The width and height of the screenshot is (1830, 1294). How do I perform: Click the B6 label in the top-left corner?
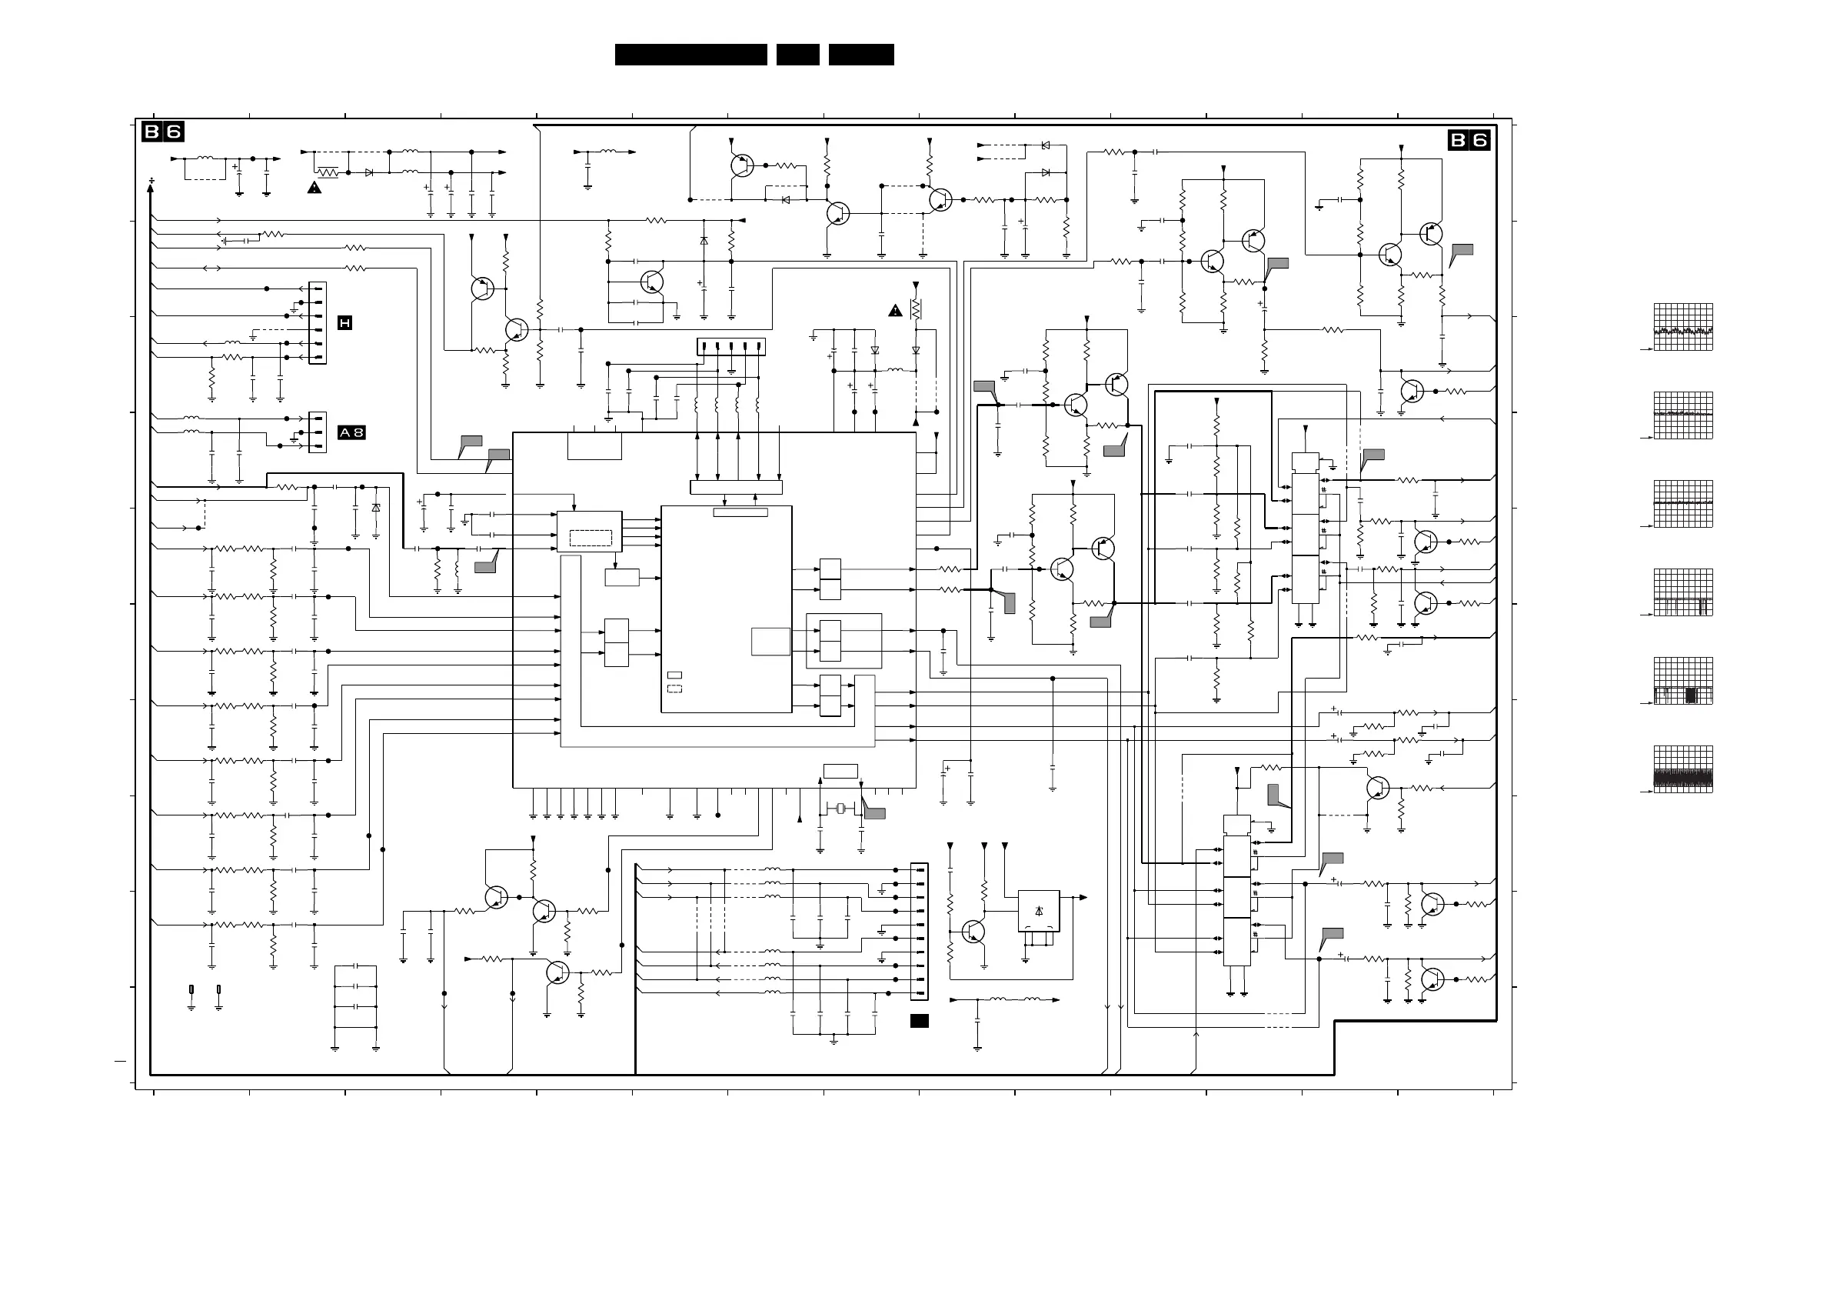tap(162, 132)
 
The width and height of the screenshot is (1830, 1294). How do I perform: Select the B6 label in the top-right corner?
tap(1469, 140)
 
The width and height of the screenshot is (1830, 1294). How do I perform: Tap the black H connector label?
tap(344, 323)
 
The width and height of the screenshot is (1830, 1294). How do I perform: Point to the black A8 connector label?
tap(351, 432)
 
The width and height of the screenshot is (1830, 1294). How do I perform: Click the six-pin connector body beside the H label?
tap(318, 323)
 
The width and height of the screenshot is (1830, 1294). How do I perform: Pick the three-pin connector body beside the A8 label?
tap(318, 432)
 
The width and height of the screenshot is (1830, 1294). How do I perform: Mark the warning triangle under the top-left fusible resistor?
tap(314, 188)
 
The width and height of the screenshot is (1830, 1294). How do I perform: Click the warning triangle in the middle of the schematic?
tap(895, 311)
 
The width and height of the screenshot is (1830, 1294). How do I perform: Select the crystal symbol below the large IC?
tap(841, 809)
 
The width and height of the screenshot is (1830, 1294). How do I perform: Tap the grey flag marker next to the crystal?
tap(874, 813)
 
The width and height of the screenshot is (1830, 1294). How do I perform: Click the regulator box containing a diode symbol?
tap(1039, 911)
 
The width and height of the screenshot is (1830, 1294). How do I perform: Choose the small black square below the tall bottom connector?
tap(919, 1022)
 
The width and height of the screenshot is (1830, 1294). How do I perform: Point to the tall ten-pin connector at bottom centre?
tap(919, 931)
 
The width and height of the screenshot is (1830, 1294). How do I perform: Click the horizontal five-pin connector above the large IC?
tap(731, 347)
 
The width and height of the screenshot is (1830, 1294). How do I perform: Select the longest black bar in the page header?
tap(690, 54)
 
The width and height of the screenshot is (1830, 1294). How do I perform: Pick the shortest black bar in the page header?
tap(798, 54)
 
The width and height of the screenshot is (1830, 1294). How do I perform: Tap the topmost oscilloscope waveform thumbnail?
tap(1683, 327)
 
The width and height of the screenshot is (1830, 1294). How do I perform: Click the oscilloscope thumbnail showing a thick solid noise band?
tap(1683, 769)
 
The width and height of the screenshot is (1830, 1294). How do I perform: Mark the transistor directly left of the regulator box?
tap(973, 931)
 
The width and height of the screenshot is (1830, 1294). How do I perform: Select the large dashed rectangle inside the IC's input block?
tap(591, 539)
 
